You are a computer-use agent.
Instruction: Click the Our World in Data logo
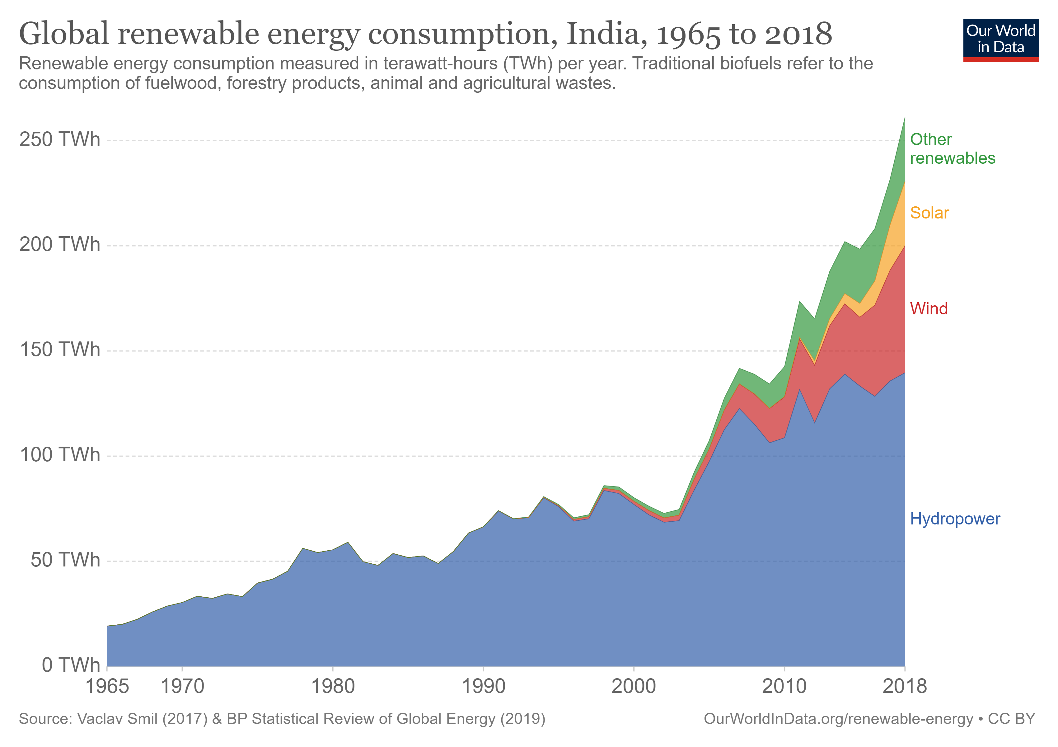point(1000,40)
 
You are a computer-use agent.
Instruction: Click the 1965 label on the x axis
point(107,686)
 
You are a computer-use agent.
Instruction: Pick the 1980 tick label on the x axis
point(333,686)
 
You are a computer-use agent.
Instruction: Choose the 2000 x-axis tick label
point(633,686)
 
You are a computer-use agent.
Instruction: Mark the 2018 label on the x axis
point(904,686)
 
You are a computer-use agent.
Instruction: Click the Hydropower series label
point(955,519)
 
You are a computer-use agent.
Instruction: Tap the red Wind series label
point(929,309)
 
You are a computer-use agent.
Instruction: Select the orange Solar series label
point(929,213)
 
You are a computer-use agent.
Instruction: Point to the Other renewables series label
point(952,148)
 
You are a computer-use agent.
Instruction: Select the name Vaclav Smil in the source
point(118,719)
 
